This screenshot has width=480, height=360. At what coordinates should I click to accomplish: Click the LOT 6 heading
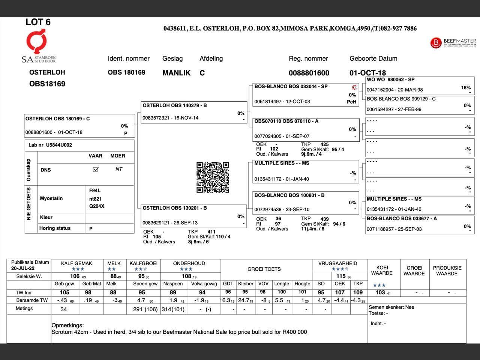[38, 22]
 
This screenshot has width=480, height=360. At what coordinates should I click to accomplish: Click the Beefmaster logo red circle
[436, 43]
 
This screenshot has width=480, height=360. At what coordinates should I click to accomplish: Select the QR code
[213, 177]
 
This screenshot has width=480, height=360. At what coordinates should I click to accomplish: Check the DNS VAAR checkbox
[95, 169]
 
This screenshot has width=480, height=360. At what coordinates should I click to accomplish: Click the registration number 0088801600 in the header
[309, 73]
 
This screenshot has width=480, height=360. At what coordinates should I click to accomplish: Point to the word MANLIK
[176, 73]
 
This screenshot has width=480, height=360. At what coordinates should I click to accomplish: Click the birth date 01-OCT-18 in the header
[367, 73]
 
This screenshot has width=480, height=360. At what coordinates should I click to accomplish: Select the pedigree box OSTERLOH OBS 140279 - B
[194, 112]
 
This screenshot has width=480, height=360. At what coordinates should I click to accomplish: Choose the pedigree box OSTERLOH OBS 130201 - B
[194, 216]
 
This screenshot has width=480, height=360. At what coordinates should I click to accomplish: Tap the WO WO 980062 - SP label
[390, 79]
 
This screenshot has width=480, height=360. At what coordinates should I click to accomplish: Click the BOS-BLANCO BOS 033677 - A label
[402, 218]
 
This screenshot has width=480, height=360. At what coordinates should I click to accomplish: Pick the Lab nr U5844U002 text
[50, 145]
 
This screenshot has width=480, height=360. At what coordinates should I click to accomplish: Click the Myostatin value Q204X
[97, 206]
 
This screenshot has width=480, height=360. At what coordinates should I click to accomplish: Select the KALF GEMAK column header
[76, 263]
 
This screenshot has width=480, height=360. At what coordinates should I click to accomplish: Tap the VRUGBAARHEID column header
[337, 263]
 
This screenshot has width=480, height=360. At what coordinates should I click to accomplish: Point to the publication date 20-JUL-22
[23, 268]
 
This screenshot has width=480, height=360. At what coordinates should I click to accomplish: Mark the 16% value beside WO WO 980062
[466, 88]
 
